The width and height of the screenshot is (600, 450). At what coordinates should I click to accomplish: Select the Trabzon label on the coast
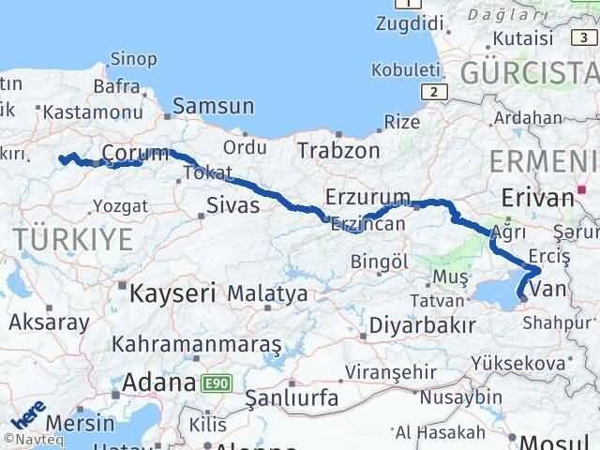point(338,150)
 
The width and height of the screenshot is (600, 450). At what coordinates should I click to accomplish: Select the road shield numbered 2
point(433,91)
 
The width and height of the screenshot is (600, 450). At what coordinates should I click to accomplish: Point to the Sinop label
point(133,59)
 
